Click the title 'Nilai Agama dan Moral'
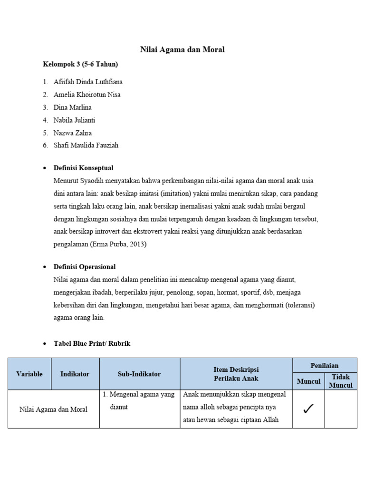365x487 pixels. click(182, 49)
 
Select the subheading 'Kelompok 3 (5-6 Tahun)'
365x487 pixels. click(80, 64)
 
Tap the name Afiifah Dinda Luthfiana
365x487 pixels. click(88, 82)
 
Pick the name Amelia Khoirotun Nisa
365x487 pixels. click(87, 95)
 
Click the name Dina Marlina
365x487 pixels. click(73, 107)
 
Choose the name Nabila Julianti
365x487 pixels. click(74, 120)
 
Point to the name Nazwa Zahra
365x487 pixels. click(73, 133)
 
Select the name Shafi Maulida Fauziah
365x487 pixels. click(86, 146)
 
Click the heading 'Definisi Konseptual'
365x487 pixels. click(84, 168)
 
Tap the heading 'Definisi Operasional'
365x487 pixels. click(85, 267)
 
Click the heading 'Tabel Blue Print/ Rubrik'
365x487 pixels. click(92, 343)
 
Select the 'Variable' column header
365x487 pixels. click(29, 374)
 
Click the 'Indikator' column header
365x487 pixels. click(75, 374)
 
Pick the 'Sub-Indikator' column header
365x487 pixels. click(139, 374)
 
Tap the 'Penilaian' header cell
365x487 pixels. click(325, 366)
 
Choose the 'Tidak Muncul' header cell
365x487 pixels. click(341, 381)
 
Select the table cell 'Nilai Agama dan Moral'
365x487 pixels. click(53, 409)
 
